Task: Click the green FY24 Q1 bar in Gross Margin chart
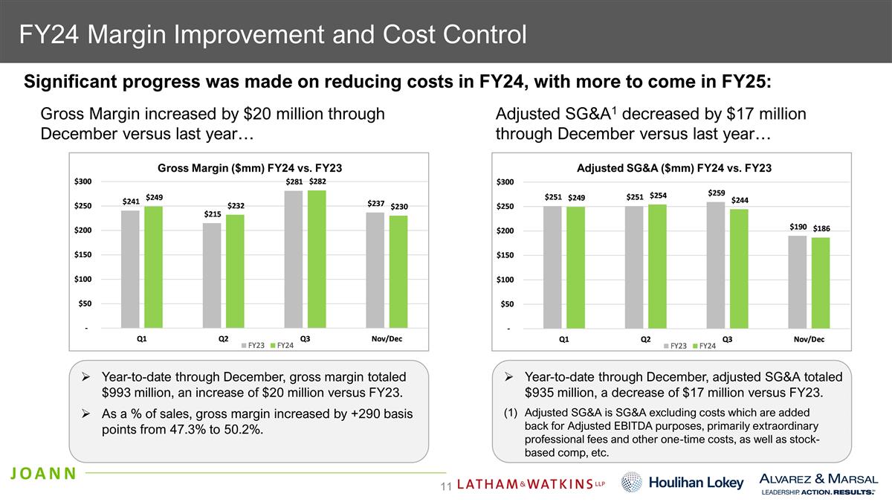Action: click(x=153, y=267)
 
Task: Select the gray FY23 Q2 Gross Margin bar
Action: click(x=212, y=275)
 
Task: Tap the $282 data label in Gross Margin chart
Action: click(x=317, y=181)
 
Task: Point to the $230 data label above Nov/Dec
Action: click(x=399, y=207)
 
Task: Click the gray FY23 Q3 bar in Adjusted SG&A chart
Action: click(x=716, y=265)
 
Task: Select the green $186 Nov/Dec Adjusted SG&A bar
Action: click(x=821, y=283)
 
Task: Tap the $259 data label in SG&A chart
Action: click(x=717, y=193)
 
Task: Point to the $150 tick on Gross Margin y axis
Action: click(x=83, y=255)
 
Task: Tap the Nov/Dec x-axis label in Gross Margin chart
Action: click(x=387, y=339)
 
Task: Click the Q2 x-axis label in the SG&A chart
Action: click(x=645, y=339)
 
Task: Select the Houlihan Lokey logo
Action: click(x=683, y=483)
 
